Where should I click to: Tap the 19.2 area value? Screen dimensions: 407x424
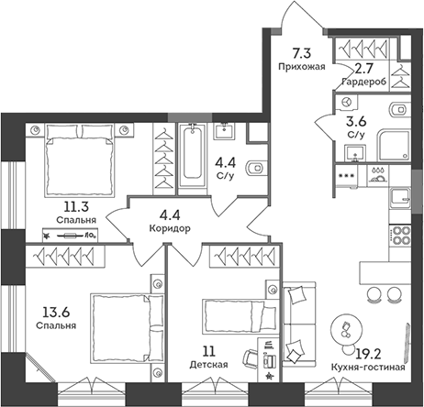tap(369, 353)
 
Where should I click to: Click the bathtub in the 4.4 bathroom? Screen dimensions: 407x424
tap(191, 155)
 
